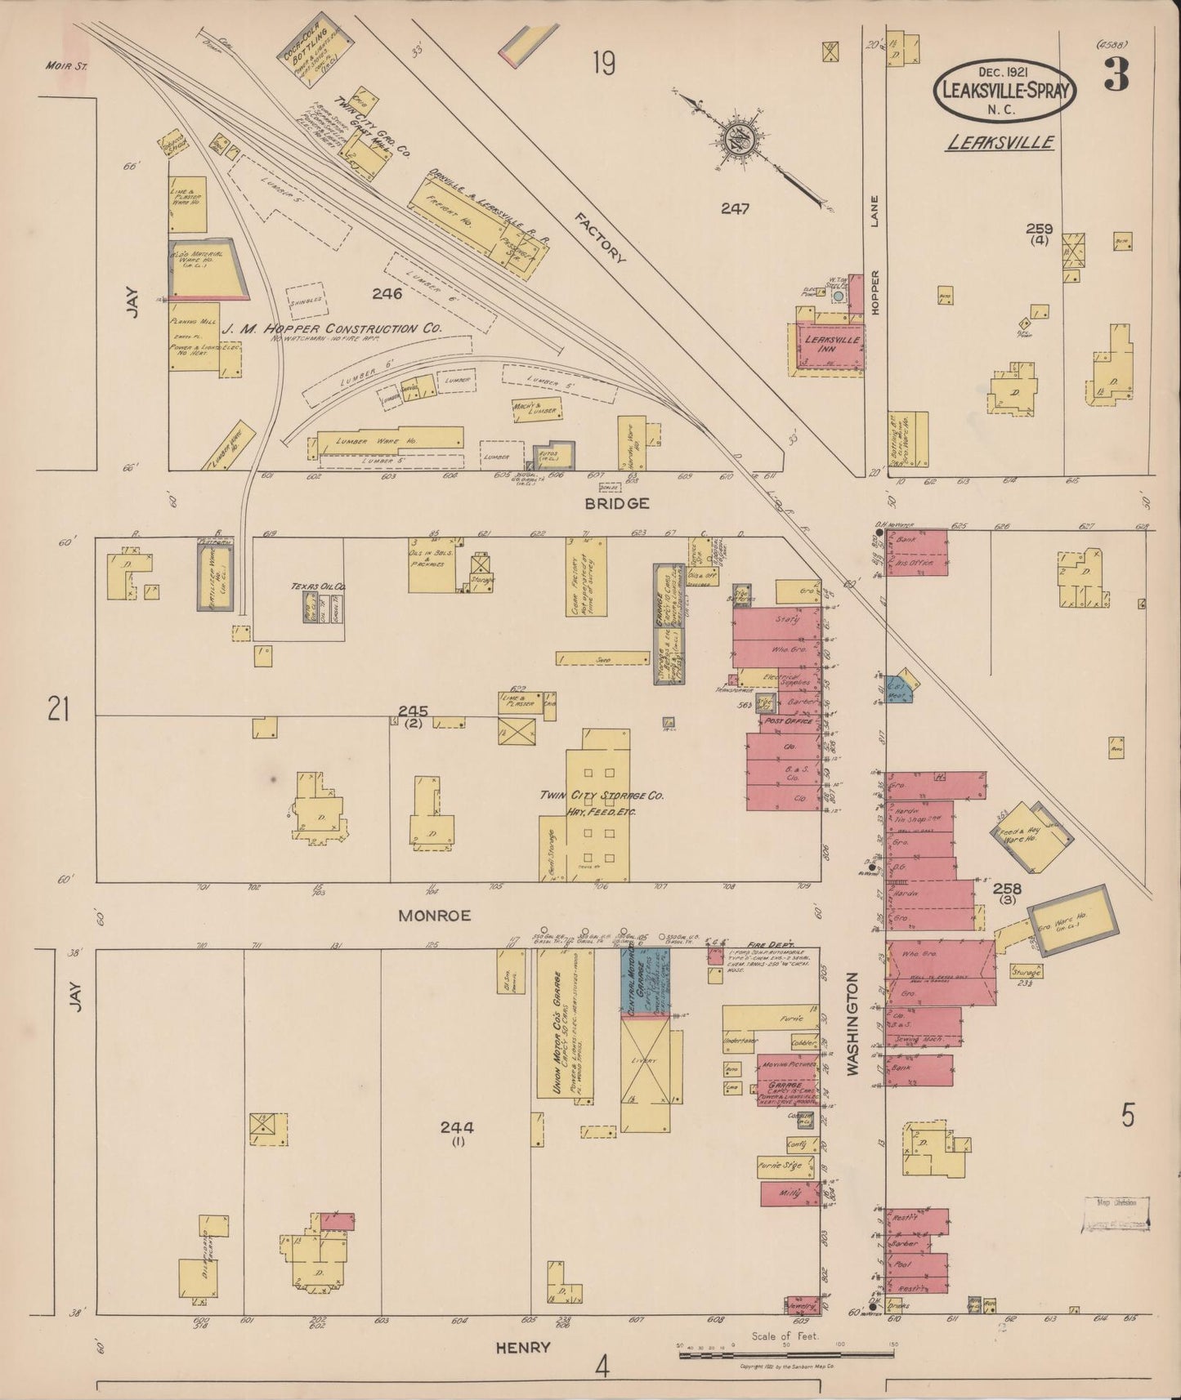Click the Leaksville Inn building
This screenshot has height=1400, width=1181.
(826, 348)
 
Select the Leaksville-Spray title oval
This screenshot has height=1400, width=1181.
(1005, 91)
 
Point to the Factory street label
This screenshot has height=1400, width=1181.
(600, 237)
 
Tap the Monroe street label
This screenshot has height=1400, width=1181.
(434, 916)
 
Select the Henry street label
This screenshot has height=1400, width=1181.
(523, 1348)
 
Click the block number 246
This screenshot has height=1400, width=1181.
(387, 292)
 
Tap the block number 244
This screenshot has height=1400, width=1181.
(456, 1127)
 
